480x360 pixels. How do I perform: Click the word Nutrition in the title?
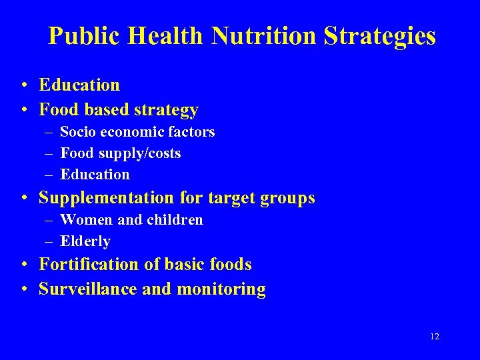coord(265,36)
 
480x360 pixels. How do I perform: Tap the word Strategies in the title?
coord(380,36)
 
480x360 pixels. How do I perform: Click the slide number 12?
coord(435,337)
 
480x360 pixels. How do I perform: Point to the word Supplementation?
coord(107,198)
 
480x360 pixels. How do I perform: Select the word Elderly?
coord(85,241)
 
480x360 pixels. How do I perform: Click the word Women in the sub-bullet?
coord(86,220)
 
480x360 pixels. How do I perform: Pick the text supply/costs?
coord(140,153)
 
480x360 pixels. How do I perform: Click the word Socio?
coord(77,132)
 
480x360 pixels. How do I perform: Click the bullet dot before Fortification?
coord(24,265)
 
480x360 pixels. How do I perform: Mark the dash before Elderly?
coord(50,241)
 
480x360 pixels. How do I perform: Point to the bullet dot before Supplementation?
coord(24,198)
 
